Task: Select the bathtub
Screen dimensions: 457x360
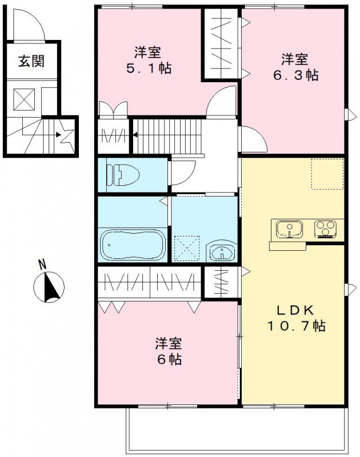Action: [x=133, y=244]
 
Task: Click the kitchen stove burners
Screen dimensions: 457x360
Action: [x=326, y=229]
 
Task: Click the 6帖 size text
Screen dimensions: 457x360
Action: [x=170, y=360]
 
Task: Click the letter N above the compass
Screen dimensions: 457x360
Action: [x=41, y=264]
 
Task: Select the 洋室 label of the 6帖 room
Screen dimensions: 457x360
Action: [x=169, y=344]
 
